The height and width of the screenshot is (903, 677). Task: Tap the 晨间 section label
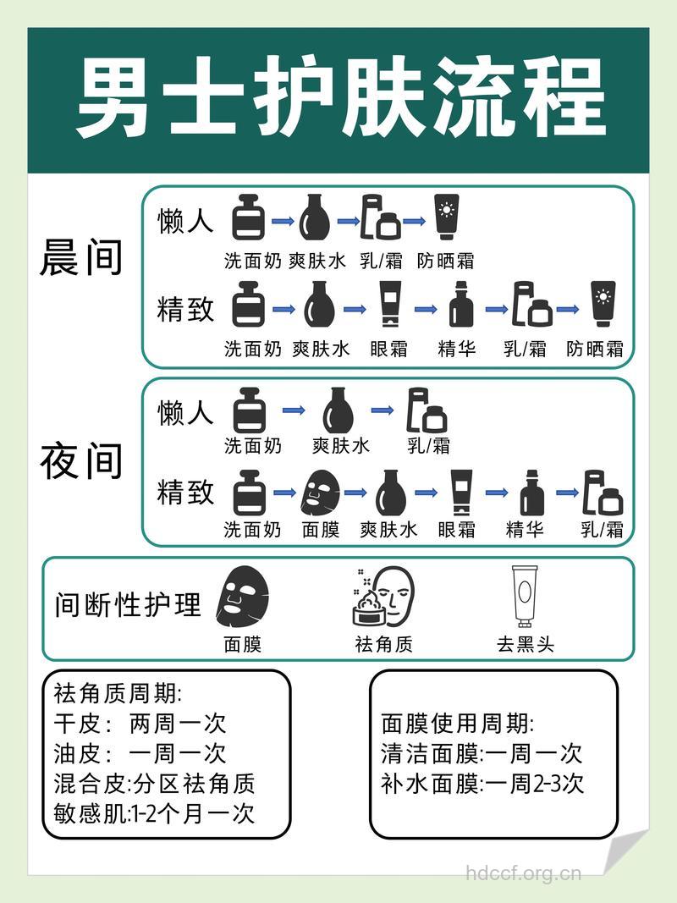(x=81, y=258)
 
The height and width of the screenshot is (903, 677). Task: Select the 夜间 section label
(x=81, y=462)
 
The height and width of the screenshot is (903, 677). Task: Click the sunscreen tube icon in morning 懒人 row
(x=445, y=218)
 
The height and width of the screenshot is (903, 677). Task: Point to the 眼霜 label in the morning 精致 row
(x=388, y=349)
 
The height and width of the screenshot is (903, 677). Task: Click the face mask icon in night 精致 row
(x=321, y=493)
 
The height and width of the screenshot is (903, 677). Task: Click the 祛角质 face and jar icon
(x=383, y=597)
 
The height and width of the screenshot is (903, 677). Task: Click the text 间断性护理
(x=128, y=605)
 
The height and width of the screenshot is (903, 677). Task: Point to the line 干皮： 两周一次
(x=140, y=724)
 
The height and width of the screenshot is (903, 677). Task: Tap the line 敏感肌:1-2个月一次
(x=153, y=813)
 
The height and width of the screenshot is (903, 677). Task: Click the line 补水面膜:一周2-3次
(x=482, y=783)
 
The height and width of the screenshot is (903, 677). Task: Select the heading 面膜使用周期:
(x=457, y=724)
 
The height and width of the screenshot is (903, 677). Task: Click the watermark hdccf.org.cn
(x=524, y=873)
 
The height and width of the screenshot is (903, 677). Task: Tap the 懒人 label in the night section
(x=185, y=413)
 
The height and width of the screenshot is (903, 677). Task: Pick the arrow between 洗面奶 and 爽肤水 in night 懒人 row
(x=294, y=410)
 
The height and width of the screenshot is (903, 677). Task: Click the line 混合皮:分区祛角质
(x=153, y=784)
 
